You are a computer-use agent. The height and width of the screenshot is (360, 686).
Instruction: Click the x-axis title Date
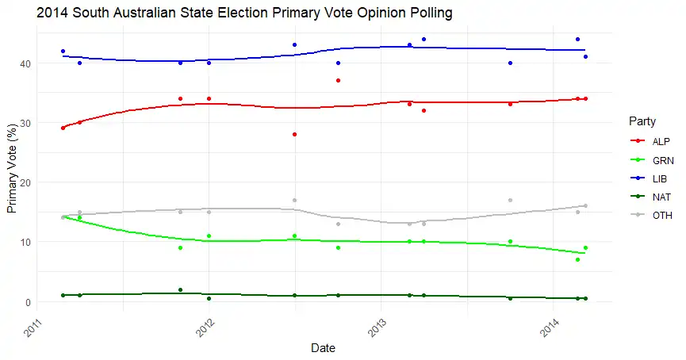tap(322, 347)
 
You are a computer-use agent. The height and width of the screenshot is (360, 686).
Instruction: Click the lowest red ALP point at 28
tap(294, 135)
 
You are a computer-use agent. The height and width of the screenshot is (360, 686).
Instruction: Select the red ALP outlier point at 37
tap(339, 81)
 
